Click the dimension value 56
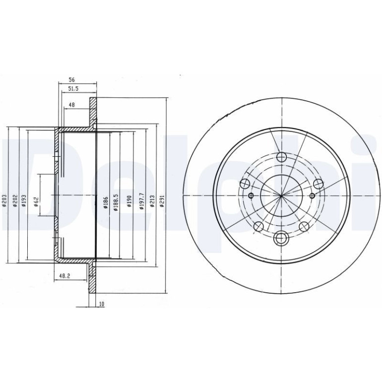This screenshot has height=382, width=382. (x=71, y=80)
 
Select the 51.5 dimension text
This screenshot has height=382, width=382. (x=73, y=89)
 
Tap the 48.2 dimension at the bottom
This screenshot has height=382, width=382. (x=65, y=276)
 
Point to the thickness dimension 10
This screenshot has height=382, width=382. (x=102, y=304)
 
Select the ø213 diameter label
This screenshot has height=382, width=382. (x=152, y=201)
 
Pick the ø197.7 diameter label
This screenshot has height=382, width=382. (x=142, y=201)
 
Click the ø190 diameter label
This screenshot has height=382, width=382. (x=129, y=201)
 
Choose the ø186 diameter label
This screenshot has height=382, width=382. (x=106, y=202)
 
